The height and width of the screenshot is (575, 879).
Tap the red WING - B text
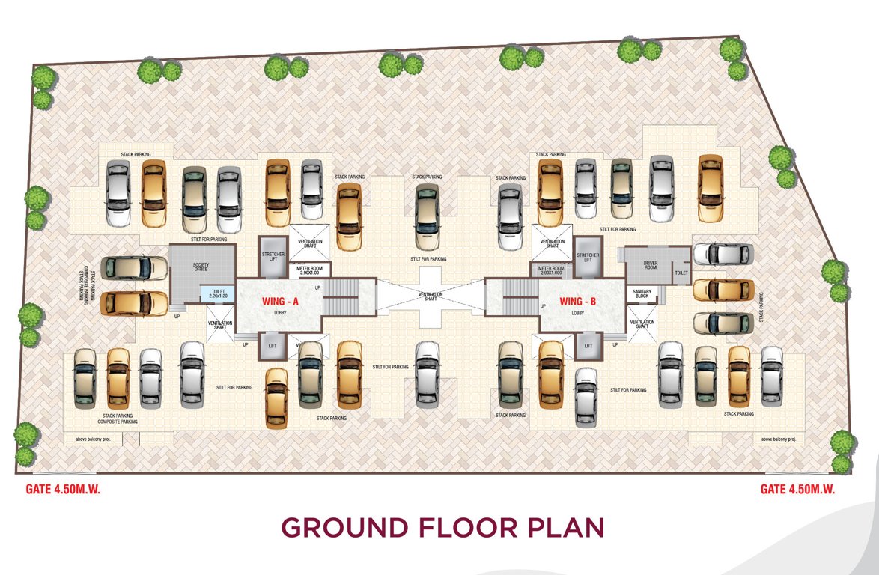(x=577, y=301)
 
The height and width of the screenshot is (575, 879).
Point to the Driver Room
(x=649, y=266)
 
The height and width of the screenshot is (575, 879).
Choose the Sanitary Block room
(x=642, y=294)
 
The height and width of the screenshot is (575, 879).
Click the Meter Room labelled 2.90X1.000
(x=550, y=271)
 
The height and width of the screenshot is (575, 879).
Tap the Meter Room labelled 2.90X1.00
(x=308, y=271)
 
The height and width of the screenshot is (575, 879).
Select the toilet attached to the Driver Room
(x=681, y=273)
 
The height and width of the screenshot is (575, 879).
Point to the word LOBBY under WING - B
(x=577, y=313)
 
